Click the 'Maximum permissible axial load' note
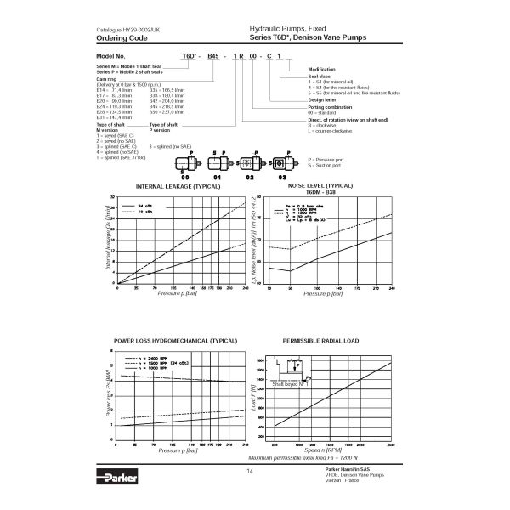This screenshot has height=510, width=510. [x=327, y=458]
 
